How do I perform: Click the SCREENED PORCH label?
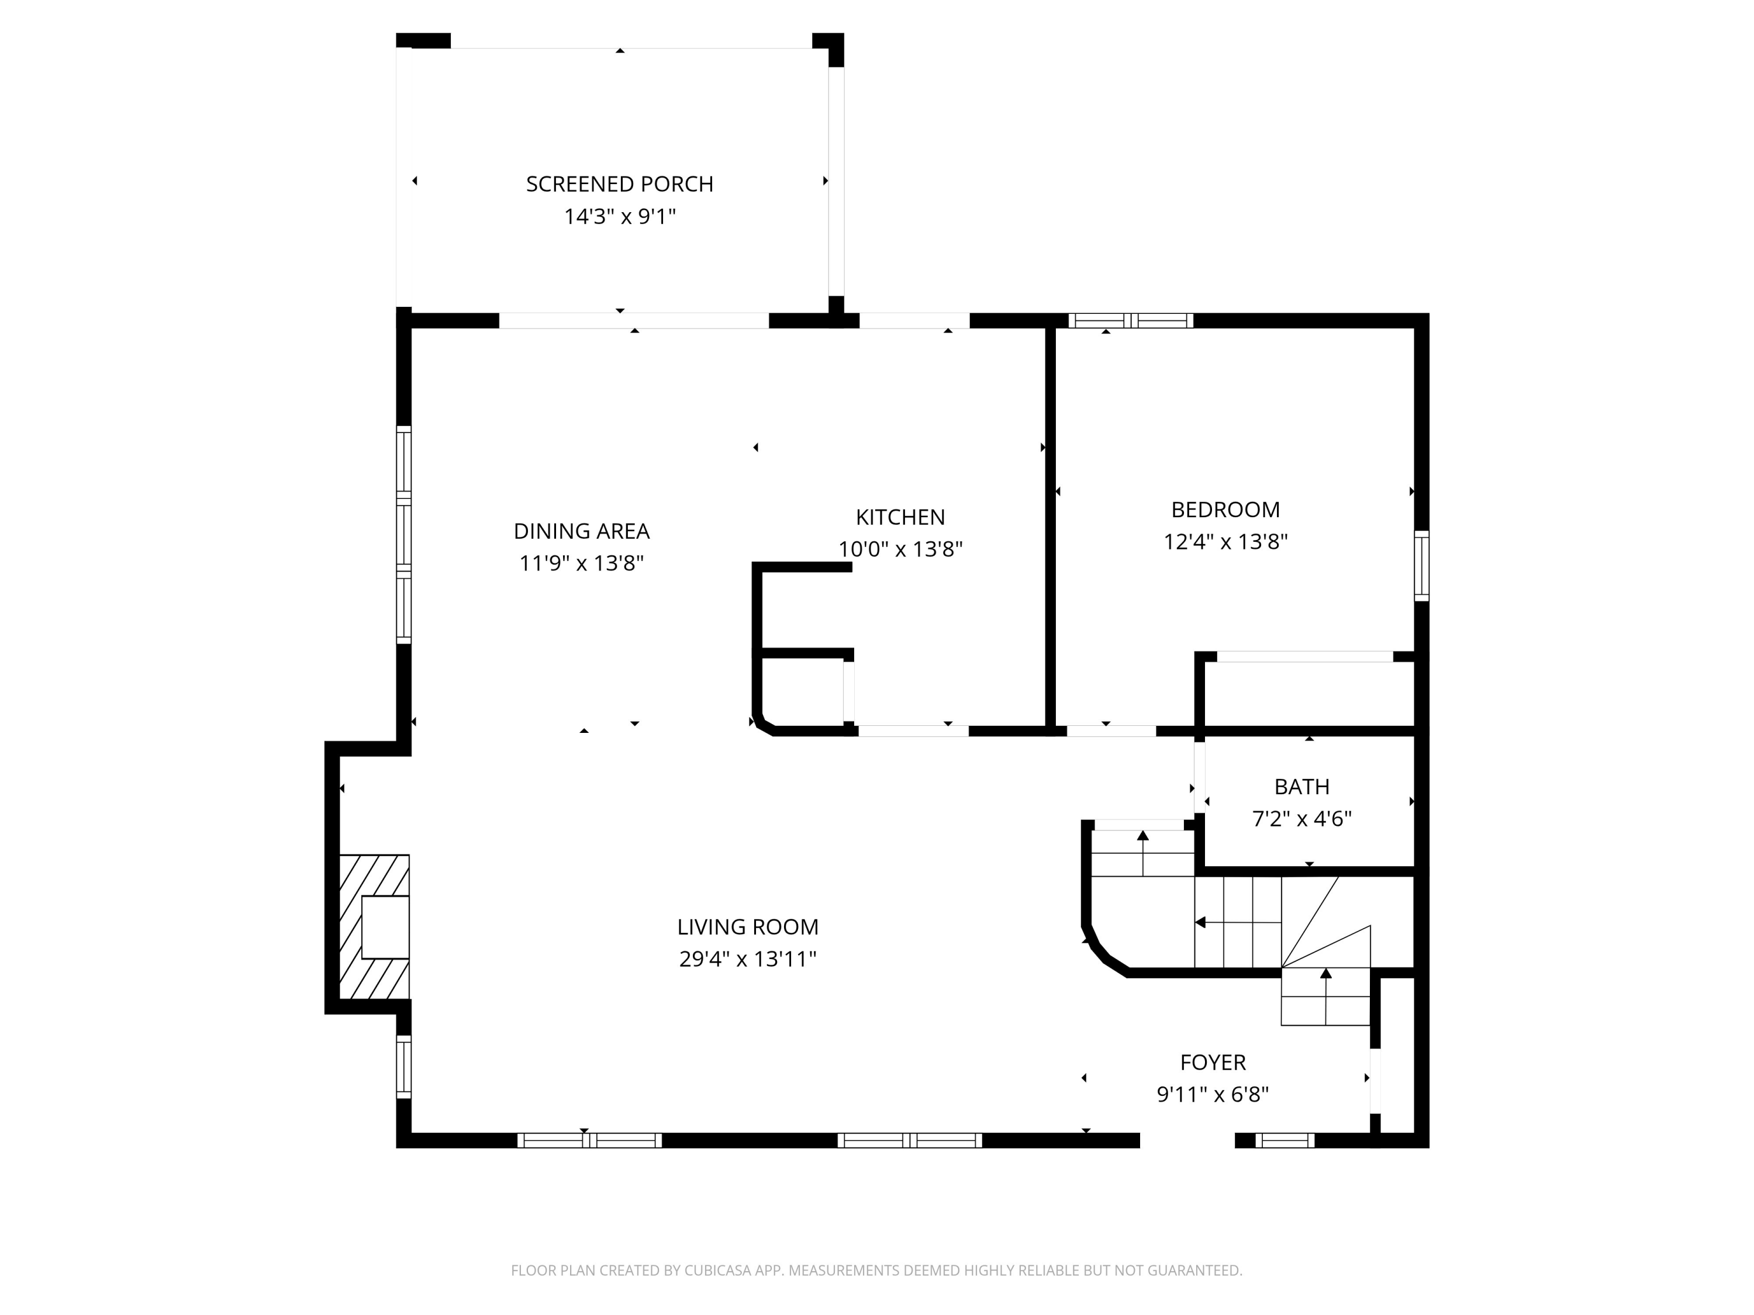pyautogui.click(x=619, y=184)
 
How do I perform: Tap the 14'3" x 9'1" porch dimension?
pyautogui.click(x=619, y=216)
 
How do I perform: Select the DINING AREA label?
pyautogui.click(x=581, y=531)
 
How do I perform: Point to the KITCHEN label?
pyautogui.click(x=900, y=517)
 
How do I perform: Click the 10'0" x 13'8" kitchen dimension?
pyautogui.click(x=900, y=549)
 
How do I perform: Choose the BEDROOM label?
pyautogui.click(x=1225, y=509)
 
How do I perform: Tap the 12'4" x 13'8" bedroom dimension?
pyautogui.click(x=1225, y=541)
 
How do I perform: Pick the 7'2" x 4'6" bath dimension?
pyautogui.click(x=1301, y=819)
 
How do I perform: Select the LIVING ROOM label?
pyautogui.click(x=747, y=926)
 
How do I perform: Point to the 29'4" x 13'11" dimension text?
pyautogui.click(x=747, y=959)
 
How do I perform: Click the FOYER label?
pyautogui.click(x=1213, y=1062)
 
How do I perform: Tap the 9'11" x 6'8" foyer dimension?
pyautogui.click(x=1213, y=1095)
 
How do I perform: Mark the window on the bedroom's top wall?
pyautogui.click(x=1130, y=321)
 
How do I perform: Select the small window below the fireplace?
pyautogui.click(x=403, y=1067)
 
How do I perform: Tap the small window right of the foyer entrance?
pyautogui.click(x=1285, y=1141)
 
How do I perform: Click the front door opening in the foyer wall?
pyautogui.click(x=1187, y=1141)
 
